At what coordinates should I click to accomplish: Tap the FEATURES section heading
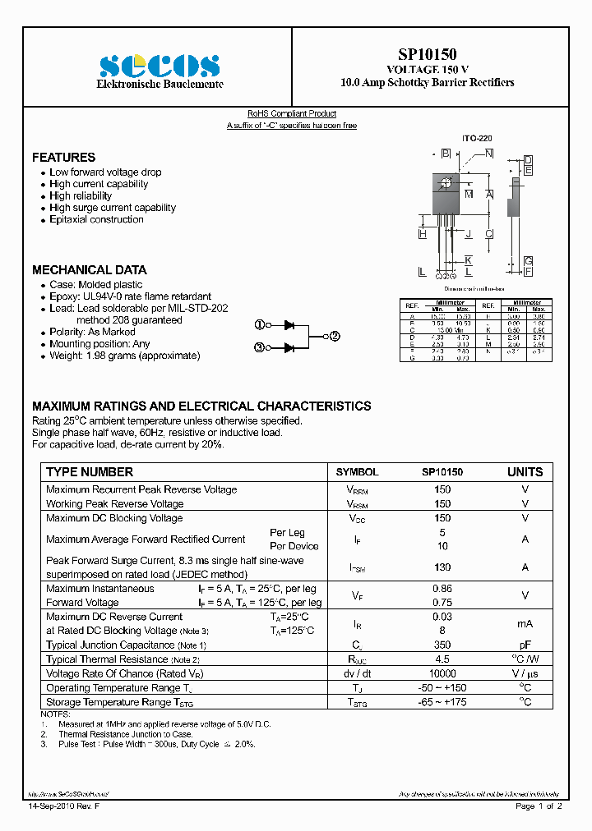(x=63, y=157)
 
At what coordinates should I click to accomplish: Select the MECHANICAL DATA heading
(x=89, y=269)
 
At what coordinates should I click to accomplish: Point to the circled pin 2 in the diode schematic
(x=335, y=336)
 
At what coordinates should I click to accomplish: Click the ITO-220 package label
(x=476, y=140)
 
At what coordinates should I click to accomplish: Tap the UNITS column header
(x=525, y=472)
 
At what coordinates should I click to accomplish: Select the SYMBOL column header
(x=357, y=472)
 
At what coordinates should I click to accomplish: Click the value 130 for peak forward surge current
(x=442, y=567)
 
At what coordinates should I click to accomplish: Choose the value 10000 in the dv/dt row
(x=442, y=673)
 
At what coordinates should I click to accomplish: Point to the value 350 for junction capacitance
(x=442, y=645)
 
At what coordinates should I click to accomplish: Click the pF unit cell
(x=525, y=645)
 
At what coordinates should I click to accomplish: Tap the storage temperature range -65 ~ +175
(x=442, y=702)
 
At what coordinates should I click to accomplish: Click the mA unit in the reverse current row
(x=525, y=623)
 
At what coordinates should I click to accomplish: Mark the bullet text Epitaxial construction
(x=96, y=219)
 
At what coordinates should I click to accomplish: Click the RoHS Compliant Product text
(x=292, y=114)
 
